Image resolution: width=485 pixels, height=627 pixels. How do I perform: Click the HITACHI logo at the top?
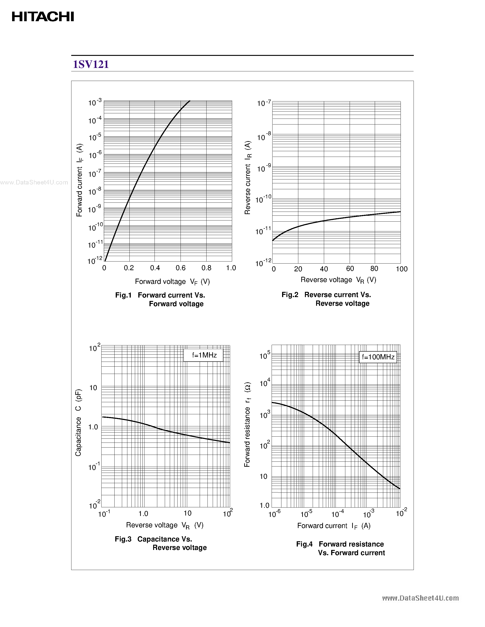pos(43,17)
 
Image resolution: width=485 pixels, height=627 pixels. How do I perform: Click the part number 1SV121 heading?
pos(91,64)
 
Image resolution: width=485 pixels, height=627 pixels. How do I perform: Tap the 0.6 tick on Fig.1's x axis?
pos(181,268)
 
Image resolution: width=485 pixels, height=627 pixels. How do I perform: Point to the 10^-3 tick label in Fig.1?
pos(95,102)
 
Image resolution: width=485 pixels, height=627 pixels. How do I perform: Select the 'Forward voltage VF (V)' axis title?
pos(172,282)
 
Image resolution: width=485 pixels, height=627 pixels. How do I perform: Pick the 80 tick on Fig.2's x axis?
pos(374,269)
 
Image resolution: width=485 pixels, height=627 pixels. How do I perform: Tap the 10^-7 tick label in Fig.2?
pos(264,103)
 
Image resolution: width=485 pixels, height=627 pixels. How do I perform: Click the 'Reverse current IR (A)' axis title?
pos(248,177)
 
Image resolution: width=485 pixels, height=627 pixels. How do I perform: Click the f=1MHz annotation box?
pos(203,355)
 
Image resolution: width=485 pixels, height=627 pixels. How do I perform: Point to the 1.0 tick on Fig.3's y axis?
pos(93,427)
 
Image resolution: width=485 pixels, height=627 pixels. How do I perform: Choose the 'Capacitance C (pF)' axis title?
pos(79,422)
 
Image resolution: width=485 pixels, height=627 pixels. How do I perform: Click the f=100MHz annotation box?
pos(378,357)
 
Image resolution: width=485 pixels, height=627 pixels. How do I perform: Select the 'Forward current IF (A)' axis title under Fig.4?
pos(334,526)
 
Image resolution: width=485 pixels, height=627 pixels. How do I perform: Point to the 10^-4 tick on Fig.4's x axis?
pos(338,514)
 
